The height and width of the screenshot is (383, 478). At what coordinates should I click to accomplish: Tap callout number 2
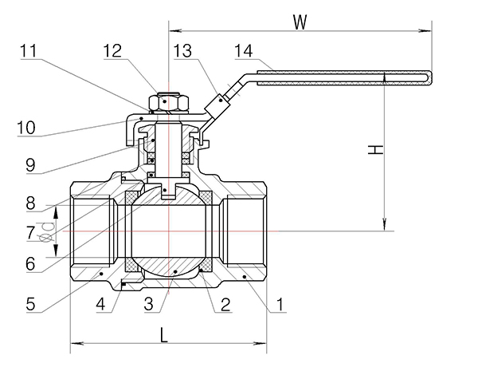point(225,303)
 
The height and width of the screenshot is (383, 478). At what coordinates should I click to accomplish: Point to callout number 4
point(100,303)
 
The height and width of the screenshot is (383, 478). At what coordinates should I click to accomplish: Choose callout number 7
point(30,234)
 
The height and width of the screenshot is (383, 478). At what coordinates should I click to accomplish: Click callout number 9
point(30,166)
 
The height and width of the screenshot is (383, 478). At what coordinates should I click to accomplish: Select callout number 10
point(26,125)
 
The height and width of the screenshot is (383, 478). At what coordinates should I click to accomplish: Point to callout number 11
point(29,51)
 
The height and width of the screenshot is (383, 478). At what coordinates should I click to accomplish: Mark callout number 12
point(113,51)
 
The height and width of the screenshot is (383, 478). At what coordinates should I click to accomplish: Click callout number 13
point(182,51)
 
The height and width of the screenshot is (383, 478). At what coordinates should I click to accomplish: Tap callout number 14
point(244,51)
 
